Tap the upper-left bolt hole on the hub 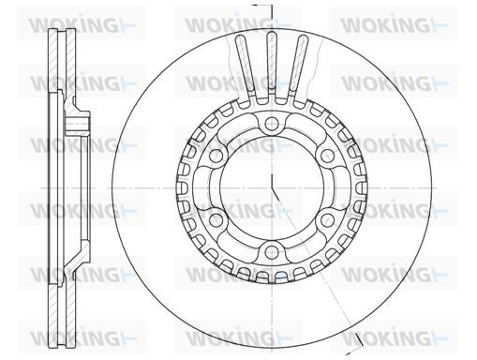tap(216, 156)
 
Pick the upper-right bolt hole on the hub tap(327, 156)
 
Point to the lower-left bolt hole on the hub tap(216, 219)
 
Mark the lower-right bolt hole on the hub tap(327, 219)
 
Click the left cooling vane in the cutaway tap(246, 64)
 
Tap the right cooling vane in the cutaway tap(298, 64)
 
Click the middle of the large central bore tap(272, 187)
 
